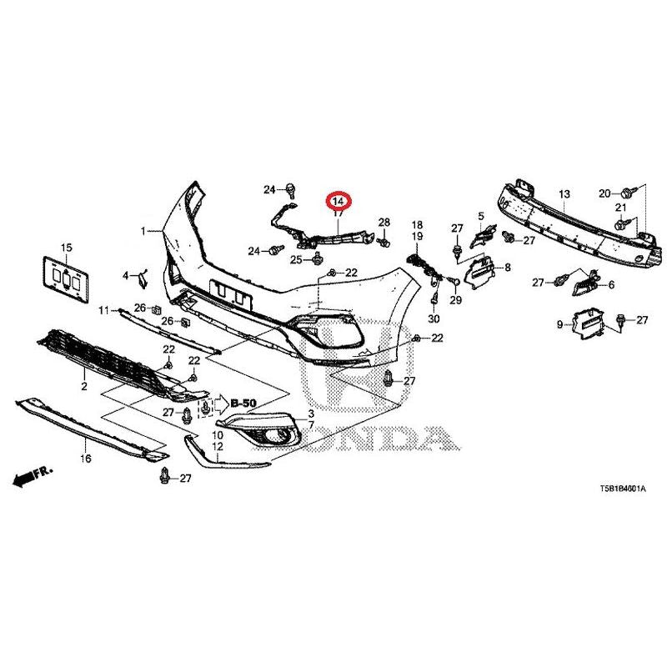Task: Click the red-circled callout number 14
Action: coord(339,201)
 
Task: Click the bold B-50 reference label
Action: coord(243,404)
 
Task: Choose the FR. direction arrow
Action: coord(33,476)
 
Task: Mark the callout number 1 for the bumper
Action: coord(143,230)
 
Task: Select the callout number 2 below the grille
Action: coord(84,387)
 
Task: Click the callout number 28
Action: coord(384,222)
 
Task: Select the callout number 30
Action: coord(434,319)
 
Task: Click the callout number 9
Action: coord(559,324)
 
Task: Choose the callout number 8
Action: coord(506,268)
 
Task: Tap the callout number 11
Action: coord(104,311)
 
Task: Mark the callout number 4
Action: coord(127,275)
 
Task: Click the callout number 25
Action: coord(295,260)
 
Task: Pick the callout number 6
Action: coord(612,285)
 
